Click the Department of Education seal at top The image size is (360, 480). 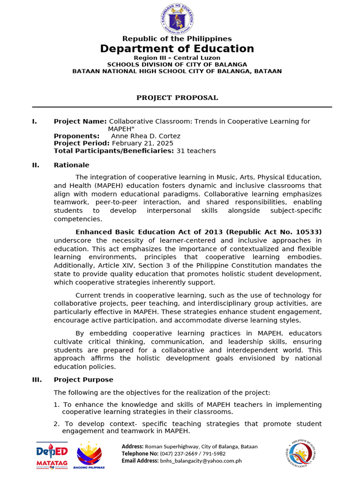tap(177, 17)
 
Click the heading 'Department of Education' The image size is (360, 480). tap(177, 49)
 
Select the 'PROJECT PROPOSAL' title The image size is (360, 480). tap(177, 97)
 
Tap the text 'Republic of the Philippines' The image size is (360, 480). tap(177, 38)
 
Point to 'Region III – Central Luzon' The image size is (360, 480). tap(177, 58)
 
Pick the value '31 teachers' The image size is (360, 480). tap(196, 150)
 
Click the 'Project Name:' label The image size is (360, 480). tap(80, 121)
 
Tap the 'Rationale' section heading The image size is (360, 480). tap(71, 165)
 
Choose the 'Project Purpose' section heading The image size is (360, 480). tap(83, 380)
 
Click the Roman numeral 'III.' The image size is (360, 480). tap(37, 380)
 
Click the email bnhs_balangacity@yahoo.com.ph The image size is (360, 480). tap(201, 461)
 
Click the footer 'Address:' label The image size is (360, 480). tap(133, 447)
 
